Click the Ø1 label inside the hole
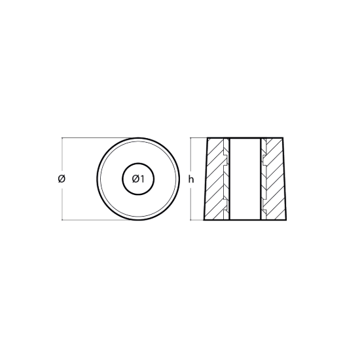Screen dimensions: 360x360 point(138,179)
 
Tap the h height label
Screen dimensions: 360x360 point(191,179)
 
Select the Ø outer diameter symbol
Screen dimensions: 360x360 point(62,179)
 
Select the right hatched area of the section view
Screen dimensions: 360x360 point(274,179)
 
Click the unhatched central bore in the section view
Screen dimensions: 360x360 point(245,179)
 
